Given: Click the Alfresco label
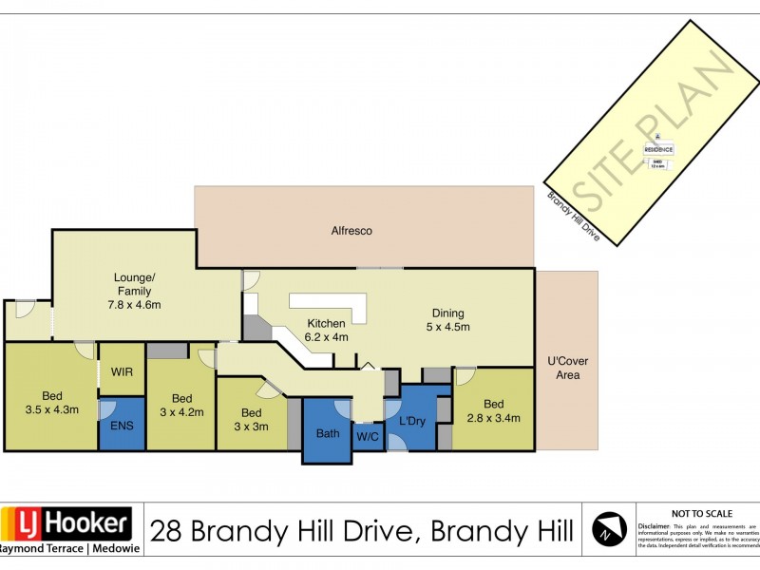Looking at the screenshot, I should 351,231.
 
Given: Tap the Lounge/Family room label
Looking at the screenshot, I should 133,292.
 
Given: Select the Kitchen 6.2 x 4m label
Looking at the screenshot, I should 327,330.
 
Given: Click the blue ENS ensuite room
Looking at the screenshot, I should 123,425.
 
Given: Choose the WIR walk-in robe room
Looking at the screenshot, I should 122,371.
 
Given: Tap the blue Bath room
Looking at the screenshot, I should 327,433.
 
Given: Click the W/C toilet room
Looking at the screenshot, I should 367,437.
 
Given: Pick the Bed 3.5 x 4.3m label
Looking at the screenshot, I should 52,403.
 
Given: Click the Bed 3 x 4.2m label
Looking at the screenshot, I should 181,406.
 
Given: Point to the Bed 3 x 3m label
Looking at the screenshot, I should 251,419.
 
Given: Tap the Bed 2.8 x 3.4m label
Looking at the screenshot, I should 493,410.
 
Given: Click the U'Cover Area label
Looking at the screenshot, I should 566,368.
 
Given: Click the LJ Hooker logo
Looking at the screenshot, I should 66,524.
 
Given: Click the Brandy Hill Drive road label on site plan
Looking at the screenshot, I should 573,215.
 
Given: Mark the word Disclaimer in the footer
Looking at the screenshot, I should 655,524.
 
